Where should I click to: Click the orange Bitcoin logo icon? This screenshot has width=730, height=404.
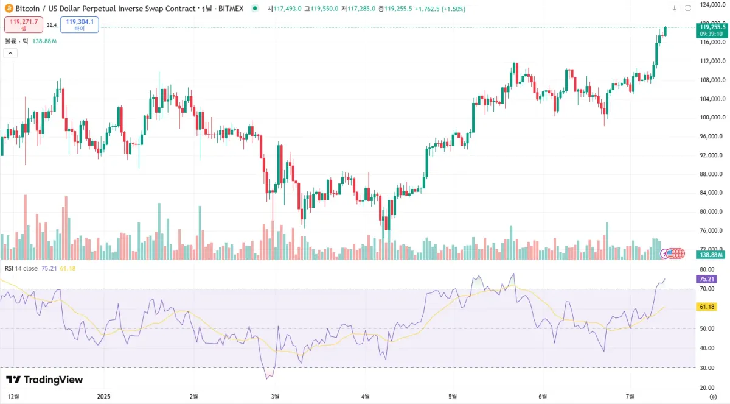(x=8, y=9)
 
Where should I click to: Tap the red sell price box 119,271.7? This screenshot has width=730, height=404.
(x=24, y=24)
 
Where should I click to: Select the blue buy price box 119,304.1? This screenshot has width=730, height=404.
(x=79, y=24)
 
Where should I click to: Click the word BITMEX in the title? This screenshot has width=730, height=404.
(x=231, y=9)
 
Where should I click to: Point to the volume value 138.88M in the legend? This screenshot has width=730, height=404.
(x=44, y=41)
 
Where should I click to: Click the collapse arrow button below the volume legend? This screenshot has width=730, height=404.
(x=10, y=53)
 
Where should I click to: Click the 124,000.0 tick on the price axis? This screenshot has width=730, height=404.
(x=712, y=5)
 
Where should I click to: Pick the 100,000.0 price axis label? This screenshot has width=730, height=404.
(x=712, y=118)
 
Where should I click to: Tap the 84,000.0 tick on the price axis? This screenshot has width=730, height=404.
(x=711, y=193)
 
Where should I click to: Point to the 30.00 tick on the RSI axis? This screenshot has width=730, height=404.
(x=707, y=368)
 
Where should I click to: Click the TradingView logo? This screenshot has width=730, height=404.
(x=44, y=380)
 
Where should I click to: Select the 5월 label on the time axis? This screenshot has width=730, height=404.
(x=453, y=396)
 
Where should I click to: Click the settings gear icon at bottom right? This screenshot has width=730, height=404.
(x=713, y=396)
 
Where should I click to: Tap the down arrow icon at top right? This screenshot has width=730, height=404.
(x=674, y=9)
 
